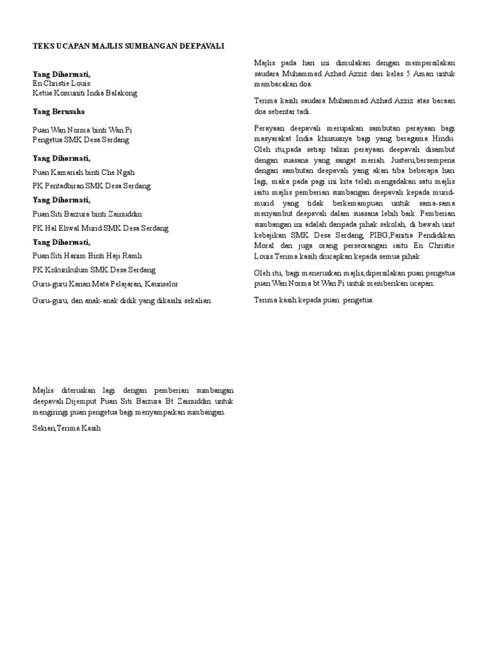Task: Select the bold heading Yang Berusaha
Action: (60, 111)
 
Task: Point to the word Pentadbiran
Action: (68, 186)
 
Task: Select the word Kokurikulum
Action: (67, 270)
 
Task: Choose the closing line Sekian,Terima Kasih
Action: (67, 428)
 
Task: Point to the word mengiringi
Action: (51, 413)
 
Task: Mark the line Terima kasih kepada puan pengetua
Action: (314, 300)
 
